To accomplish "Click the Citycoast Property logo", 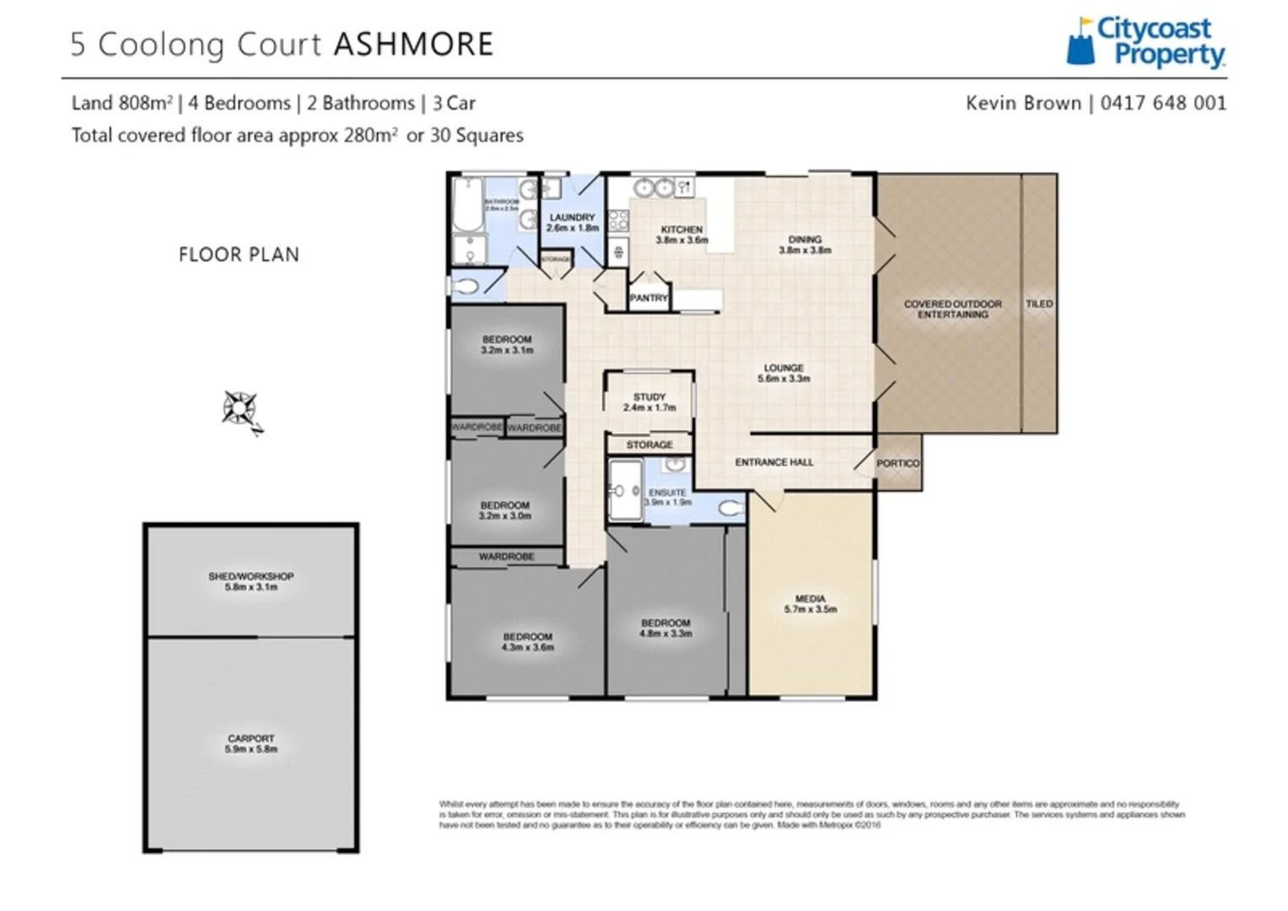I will tap(1145, 42).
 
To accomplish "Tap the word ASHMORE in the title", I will tap(413, 45).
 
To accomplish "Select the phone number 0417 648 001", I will tap(1163, 103).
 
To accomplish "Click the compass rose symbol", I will tap(240, 410).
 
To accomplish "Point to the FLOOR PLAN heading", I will tap(239, 255).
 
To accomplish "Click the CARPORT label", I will tap(251, 739).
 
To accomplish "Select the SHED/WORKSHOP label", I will tap(251, 577).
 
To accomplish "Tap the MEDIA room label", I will tap(810, 599).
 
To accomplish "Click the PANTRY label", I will tap(648, 298).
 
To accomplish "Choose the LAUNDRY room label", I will tap(572, 218).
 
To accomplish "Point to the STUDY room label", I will tap(649, 397).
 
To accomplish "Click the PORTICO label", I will tap(897, 463).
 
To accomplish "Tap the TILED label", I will tap(1039, 304).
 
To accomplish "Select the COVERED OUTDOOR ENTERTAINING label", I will tap(952, 309).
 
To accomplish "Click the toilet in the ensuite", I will tap(730, 509).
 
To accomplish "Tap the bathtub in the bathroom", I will tap(466, 205).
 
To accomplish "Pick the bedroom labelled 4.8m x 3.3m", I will tap(666, 628).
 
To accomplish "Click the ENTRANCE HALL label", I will tap(773, 462).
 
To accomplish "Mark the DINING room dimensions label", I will tap(805, 251).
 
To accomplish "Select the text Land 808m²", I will tap(121, 103).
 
